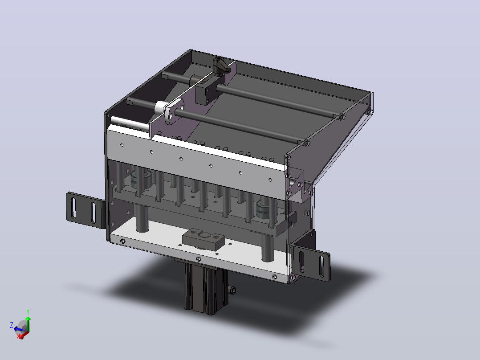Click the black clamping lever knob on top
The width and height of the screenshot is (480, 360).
[220, 66]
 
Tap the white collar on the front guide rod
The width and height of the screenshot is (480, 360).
[160, 107]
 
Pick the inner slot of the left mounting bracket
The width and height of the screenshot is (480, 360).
[94, 213]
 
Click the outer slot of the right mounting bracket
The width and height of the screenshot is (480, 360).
[322, 266]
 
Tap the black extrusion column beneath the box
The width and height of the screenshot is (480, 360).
[206, 287]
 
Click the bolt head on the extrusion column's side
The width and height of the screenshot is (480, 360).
[233, 290]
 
